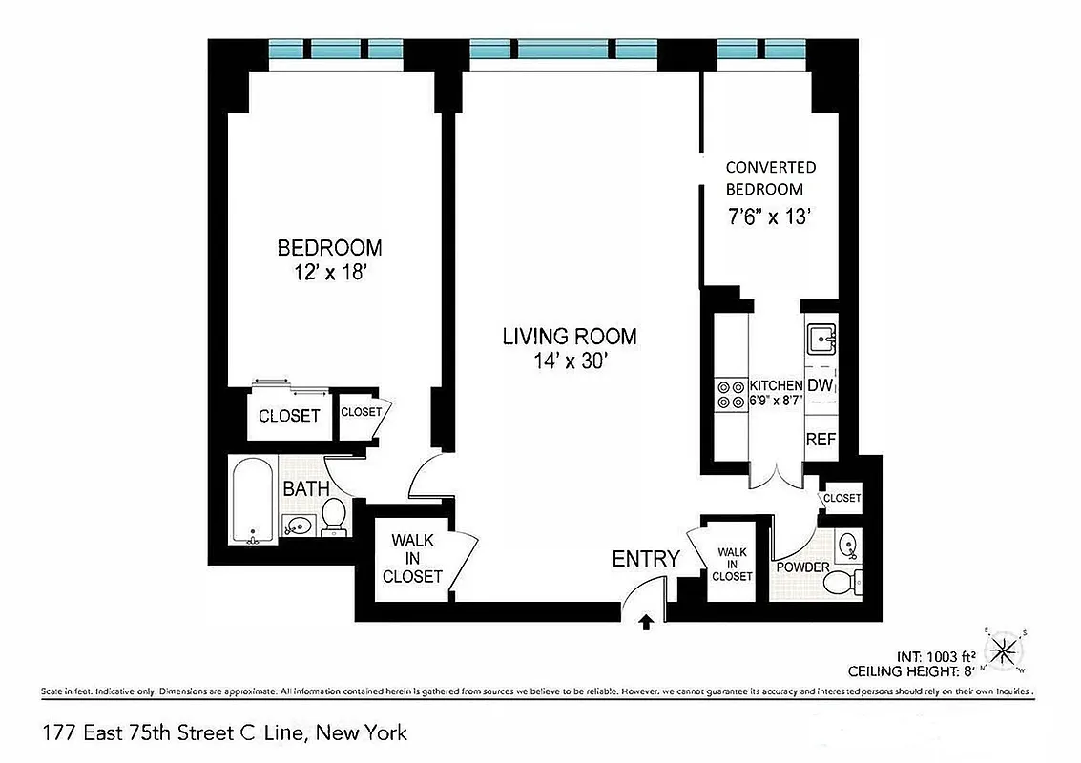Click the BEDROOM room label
pos(329,248)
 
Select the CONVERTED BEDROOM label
pos(770,178)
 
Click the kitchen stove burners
pos(731,395)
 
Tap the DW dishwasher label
pos(821,385)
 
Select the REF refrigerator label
pos(821,440)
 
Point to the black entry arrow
pos(646,623)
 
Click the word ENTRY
pos(646,559)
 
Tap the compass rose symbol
pos(1004,652)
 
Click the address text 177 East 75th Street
pos(224,732)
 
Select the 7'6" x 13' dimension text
pos(769,217)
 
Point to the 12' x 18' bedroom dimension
pos(329,272)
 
